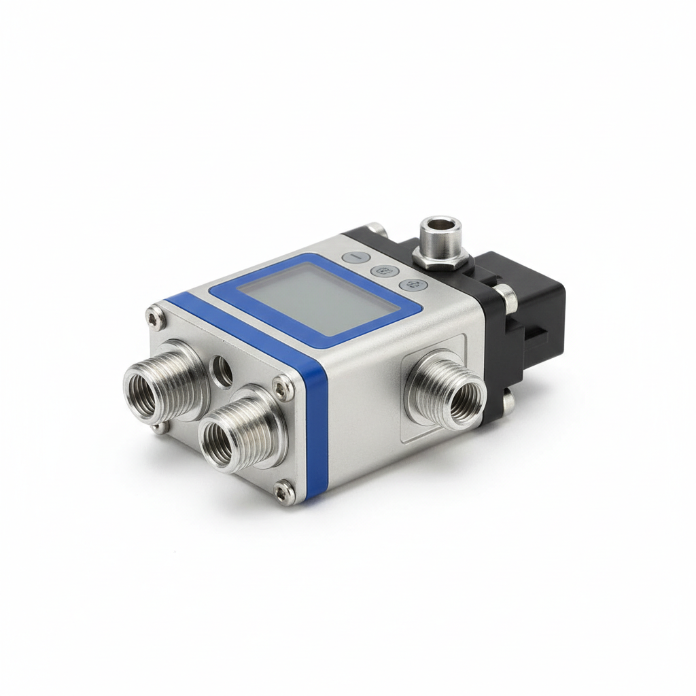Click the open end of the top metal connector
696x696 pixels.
point(440,226)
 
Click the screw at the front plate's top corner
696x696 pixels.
point(155,314)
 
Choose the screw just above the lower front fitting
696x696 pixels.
point(283,387)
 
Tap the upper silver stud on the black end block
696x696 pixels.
point(503,294)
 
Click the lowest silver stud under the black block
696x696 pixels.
point(506,401)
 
